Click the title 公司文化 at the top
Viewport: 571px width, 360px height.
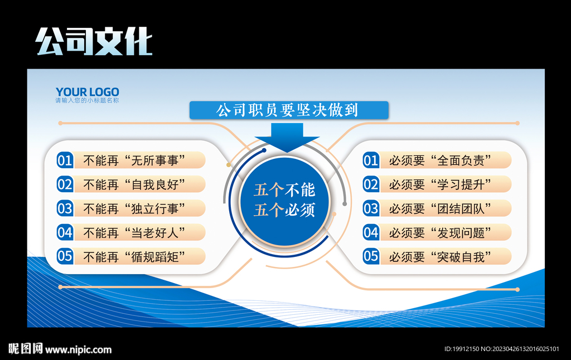(x=94, y=41)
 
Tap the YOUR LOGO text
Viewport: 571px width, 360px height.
(x=87, y=92)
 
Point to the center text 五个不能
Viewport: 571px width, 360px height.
(x=284, y=190)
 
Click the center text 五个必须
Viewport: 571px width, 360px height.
(x=284, y=210)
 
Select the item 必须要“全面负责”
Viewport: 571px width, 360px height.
(x=440, y=160)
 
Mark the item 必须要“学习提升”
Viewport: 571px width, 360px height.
(x=440, y=184)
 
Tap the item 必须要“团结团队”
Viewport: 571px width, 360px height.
(x=440, y=208)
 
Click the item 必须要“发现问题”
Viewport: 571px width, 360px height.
(x=440, y=232)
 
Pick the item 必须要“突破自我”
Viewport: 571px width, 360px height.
(x=440, y=256)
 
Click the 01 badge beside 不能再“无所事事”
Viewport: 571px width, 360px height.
(x=65, y=160)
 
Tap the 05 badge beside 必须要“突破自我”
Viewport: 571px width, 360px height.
(x=371, y=256)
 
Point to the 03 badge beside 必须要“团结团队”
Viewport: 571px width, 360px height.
(x=371, y=208)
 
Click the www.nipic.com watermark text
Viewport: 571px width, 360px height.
(x=78, y=349)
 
